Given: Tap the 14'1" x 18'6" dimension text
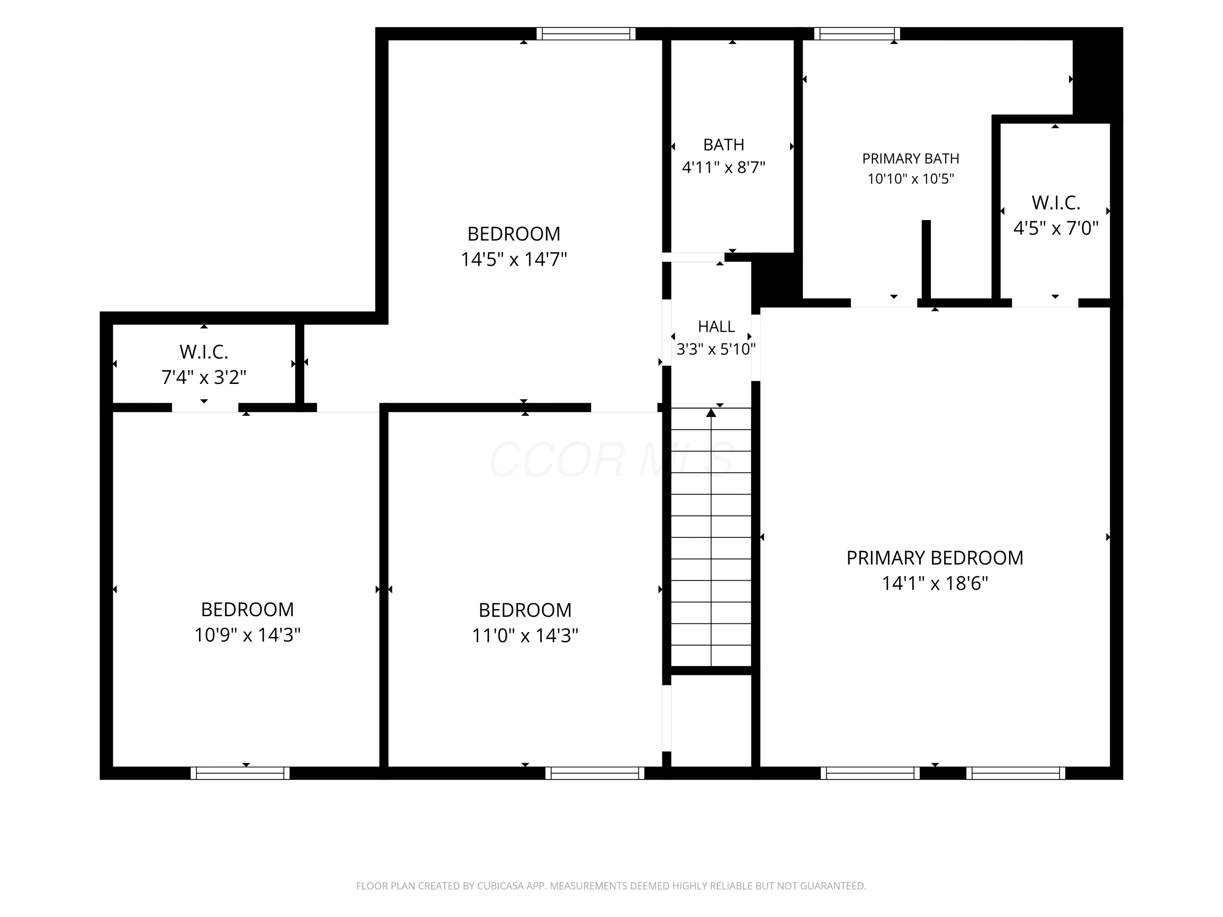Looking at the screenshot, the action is click(x=934, y=583).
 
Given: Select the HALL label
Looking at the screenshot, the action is click(x=716, y=327).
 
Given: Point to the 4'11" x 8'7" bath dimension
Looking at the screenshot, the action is click(x=723, y=167).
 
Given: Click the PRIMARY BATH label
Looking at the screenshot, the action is click(x=911, y=159).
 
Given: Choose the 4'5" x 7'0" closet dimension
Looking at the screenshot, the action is click(x=1055, y=228).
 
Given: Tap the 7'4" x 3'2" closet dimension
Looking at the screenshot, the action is click(x=203, y=377).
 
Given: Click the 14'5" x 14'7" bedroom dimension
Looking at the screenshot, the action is click(x=514, y=259).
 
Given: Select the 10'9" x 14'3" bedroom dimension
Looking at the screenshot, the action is click(x=247, y=635).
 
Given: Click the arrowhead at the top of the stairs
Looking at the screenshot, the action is click(x=711, y=412).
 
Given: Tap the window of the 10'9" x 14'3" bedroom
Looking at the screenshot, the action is click(x=240, y=773).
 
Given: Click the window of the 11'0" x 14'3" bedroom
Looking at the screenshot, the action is click(x=595, y=773).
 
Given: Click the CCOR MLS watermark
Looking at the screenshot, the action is click(x=611, y=459).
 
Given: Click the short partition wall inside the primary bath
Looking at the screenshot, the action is click(x=926, y=260).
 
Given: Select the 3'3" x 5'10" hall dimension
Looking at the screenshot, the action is click(x=716, y=349).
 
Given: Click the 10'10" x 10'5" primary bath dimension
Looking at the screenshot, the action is click(x=911, y=179).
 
